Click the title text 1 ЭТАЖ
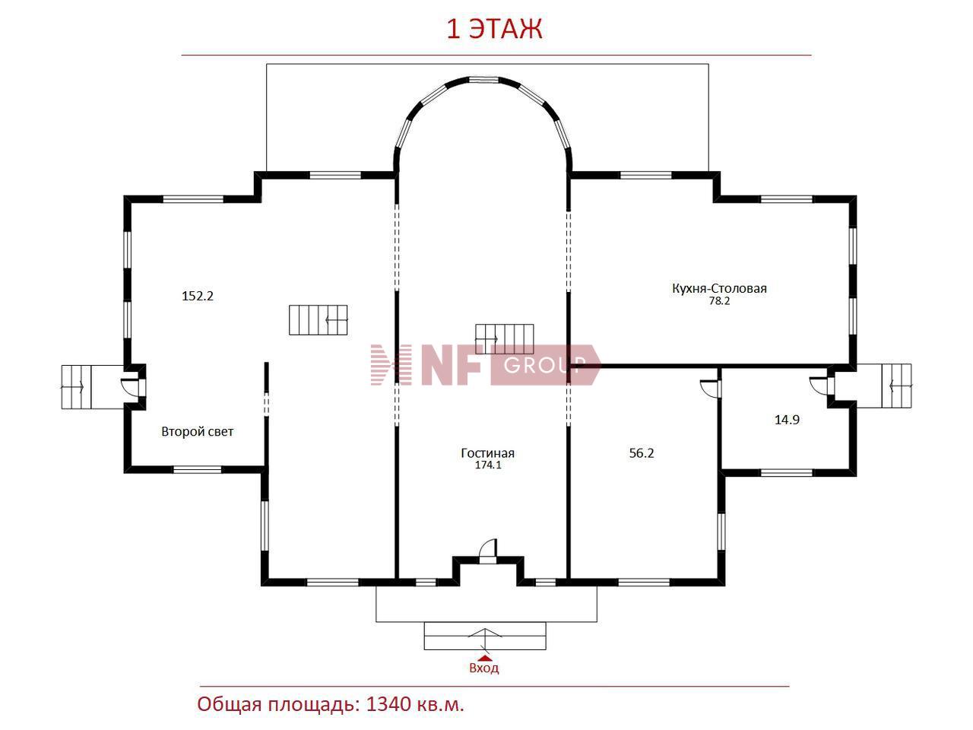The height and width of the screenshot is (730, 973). [x=494, y=30]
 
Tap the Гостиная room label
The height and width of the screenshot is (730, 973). [x=487, y=453]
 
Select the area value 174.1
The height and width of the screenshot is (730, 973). [x=488, y=465]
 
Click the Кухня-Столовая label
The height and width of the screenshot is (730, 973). [x=719, y=288]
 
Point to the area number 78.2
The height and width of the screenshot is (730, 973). [x=719, y=301]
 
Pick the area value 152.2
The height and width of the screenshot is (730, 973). [x=198, y=296]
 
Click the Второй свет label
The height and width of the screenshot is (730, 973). [x=197, y=432]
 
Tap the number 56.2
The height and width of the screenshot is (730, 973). [x=642, y=453]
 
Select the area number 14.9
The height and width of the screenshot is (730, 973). [x=787, y=419]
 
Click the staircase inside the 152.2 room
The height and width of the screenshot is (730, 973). [x=319, y=319]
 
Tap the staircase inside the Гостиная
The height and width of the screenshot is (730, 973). [x=505, y=339]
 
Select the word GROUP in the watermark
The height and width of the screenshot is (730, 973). [x=543, y=365]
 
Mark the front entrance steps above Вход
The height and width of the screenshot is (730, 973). [x=485, y=636]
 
